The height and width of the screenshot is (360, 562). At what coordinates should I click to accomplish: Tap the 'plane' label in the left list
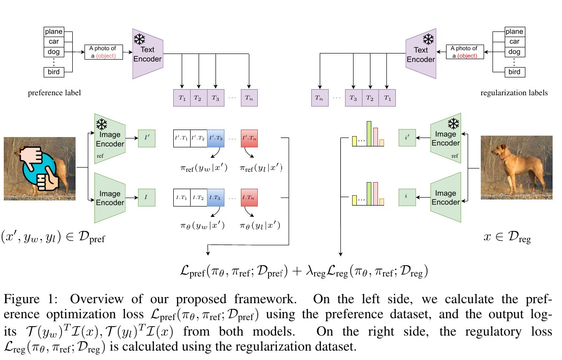[x=53, y=32]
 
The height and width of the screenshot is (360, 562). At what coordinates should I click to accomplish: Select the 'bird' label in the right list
[x=515, y=72]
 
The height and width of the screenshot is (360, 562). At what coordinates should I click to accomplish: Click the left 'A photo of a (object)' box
[x=103, y=52]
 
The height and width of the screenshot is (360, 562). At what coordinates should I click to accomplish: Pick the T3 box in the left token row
[x=215, y=98]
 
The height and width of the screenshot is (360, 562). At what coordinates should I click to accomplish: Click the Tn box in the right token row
[x=320, y=98]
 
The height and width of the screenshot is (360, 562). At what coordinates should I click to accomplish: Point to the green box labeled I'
[x=146, y=139]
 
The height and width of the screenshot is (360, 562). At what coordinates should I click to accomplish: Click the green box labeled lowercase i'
[x=407, y=139]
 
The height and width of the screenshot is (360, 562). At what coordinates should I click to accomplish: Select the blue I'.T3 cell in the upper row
[x=215, y=138]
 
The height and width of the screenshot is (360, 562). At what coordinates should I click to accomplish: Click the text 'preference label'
[x=54, y=93]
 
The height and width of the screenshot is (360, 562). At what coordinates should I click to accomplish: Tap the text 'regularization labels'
[x=514, y=93]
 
